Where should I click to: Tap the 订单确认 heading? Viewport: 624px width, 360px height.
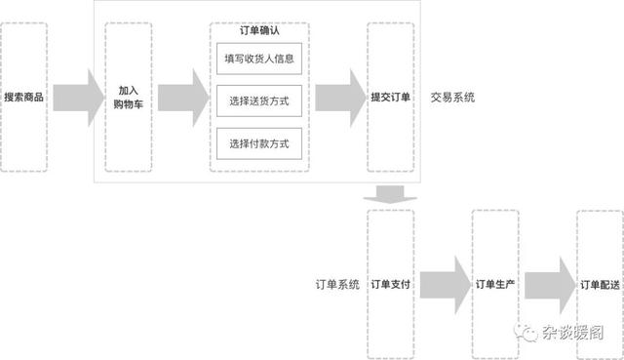[260, 31]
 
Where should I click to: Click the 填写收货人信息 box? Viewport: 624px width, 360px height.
[259, 59]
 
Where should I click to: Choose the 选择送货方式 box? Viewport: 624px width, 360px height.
[259, 101]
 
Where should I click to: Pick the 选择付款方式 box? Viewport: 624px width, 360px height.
[259, 144]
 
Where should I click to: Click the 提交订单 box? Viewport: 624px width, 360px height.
[390, 98]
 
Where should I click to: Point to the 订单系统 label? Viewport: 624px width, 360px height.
[337, 285]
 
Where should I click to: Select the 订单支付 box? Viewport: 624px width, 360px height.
[390, 285]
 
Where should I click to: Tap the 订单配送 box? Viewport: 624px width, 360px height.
[599, 285]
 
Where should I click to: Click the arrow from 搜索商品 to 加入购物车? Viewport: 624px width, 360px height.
[78, 98]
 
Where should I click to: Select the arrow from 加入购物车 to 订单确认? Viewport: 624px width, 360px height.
[183, 98]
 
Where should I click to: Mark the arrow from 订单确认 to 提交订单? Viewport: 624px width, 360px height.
[337, 98]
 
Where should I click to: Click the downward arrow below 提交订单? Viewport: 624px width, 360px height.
[390, 194]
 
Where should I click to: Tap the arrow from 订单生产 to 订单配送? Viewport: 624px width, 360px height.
[547, 285]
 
